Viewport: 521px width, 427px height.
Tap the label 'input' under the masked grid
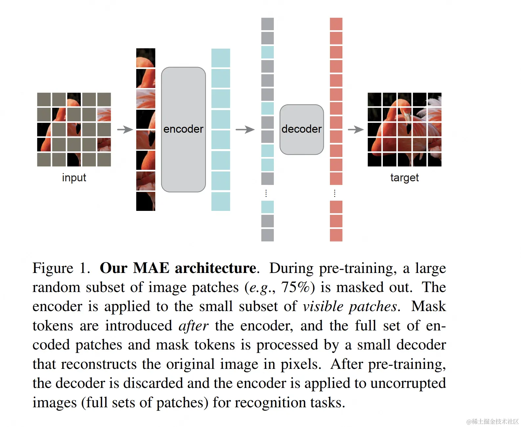[x=74, y=178]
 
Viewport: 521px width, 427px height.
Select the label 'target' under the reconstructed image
[x=404, y=178]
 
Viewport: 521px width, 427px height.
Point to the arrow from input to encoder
[x=125, y=129]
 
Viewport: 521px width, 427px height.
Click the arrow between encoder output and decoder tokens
[x=245, y=129]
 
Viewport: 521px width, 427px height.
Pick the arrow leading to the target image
[x=356, y=129]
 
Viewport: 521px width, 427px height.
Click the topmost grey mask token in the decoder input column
[x=267, y=24]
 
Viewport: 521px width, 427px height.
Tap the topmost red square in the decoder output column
[x=336, y=24]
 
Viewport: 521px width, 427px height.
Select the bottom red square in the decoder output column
[x=336, y=235]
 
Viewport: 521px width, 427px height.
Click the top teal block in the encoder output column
[x=221, y=58]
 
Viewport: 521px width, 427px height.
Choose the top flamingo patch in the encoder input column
[x=146, y=58]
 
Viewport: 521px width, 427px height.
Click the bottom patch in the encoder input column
[x=146, y=201]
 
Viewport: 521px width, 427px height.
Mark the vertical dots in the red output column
[x=335, y=193]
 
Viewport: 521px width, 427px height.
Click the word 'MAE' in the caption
[x=151, y=268]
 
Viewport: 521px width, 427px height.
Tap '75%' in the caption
[x=295, y=287]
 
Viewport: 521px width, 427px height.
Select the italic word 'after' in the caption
[x=193, y=326]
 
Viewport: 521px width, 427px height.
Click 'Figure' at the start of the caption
[x=53, y=268]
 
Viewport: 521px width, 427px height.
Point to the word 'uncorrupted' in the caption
[x=408, y=383]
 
